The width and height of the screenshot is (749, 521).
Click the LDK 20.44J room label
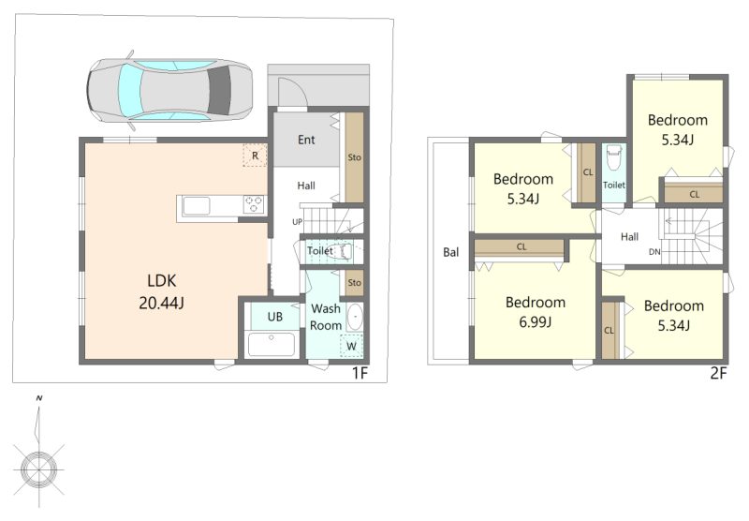(x=161, y=291)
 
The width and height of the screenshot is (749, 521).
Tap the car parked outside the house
(x=169, y=90)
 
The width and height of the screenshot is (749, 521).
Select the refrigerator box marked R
(x=255, y=156)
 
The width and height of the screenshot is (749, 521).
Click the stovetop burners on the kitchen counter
(x=254, y=204)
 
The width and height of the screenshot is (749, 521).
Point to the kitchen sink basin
(x=197, y=206)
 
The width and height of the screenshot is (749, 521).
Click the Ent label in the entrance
(x=306, y=140)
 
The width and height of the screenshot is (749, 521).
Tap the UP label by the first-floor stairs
(x=297, y=222)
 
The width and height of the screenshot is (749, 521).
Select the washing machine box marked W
(x=351, y=346)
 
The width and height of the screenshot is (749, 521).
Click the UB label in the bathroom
(x=274, y=317)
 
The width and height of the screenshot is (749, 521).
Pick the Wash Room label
(x=326, y=317)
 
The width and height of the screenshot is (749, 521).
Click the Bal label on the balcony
(x=451, y=252)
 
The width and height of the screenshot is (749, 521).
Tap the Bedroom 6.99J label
(x=535, y=312)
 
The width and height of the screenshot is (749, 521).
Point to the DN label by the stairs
(x=654, y=251)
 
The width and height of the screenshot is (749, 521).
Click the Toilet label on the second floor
(x=614, y=185)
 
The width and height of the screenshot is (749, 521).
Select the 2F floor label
(x=718, y=373)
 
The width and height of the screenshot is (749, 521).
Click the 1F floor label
(x=360, y=373)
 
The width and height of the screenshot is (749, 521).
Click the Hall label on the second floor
(x=629, y=236)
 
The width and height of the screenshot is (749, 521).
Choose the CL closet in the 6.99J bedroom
(x=520, y=248)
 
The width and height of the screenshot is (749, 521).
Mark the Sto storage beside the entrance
(x=354, y=156)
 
